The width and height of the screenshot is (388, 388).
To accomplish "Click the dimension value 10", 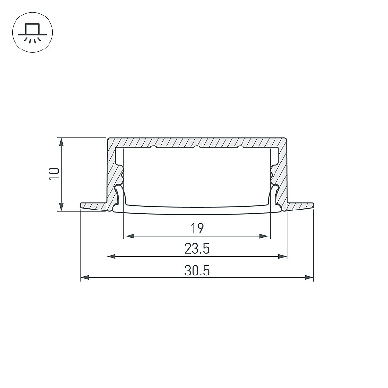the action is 54,174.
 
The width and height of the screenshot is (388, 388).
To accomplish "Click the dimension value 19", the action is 197,228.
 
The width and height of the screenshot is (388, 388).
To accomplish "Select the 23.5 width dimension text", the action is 197,249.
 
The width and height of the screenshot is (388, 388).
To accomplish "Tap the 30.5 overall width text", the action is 197,271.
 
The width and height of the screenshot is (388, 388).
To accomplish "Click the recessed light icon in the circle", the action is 32,32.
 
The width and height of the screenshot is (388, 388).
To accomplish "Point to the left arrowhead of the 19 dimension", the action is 130,236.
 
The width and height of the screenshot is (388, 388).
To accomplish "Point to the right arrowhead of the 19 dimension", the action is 264,236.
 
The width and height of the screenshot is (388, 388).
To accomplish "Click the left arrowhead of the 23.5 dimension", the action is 112,257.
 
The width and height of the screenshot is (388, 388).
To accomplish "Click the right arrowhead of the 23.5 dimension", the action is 282,257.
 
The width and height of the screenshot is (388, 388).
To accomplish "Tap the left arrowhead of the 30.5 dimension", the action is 85,277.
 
